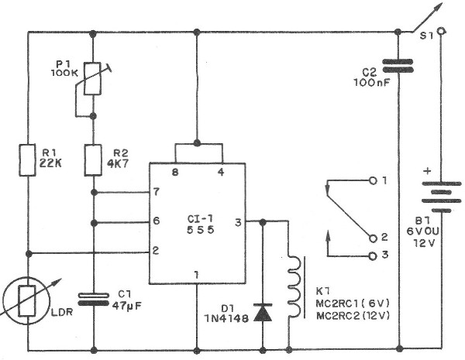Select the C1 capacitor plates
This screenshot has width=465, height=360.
click(93, 299)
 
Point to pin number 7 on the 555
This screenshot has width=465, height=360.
click(157, 191)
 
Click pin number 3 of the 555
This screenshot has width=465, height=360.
click(238, 222)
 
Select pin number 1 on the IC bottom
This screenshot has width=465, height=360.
click(197, 274)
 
